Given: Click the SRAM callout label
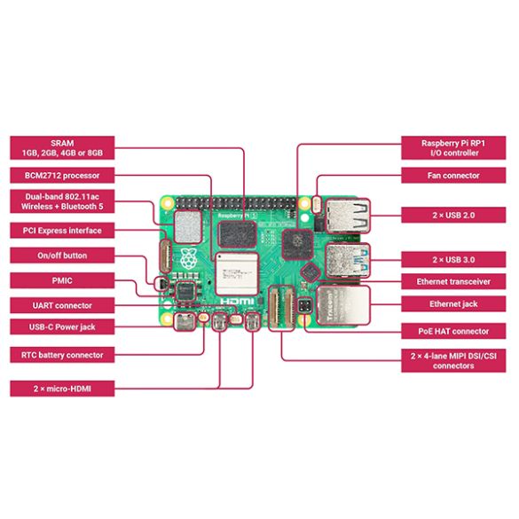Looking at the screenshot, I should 62,148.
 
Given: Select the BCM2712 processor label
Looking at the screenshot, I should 62,176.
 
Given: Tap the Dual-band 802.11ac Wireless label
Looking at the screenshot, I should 62,201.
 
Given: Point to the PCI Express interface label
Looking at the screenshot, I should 62,231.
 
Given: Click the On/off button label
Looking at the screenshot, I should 62,256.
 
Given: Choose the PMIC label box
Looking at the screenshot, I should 62,280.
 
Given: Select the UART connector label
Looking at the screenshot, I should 62,305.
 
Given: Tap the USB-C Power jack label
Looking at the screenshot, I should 62,326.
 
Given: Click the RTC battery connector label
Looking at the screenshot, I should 62,355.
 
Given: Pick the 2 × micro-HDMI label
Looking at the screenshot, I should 62,388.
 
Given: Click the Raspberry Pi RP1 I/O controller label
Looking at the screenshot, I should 453,148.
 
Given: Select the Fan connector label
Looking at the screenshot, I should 453,176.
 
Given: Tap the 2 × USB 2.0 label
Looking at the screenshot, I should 453,215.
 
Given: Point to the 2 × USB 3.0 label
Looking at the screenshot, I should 453,260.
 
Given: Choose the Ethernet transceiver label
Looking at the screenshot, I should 453,282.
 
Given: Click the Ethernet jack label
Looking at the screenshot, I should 453,304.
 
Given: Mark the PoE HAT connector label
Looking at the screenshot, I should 453,331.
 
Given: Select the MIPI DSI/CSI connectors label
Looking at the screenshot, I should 453,359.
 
